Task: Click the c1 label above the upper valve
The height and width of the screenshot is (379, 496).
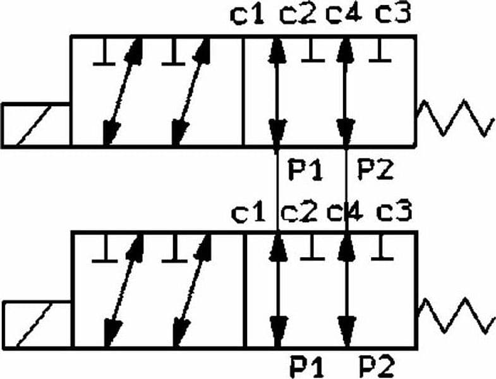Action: click(247, 15)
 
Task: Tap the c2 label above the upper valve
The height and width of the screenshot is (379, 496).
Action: click(298, 15)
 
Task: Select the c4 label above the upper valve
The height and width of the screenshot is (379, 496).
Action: click(344, 15)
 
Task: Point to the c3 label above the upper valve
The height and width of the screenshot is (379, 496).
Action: click(393, 15)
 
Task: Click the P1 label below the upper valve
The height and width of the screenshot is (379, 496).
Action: click(305, 169)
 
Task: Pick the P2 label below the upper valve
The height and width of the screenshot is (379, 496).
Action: click(375, 169)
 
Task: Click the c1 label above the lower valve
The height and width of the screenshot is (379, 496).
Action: click(248, 213)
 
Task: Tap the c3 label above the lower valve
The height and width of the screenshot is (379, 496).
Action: click(394, 212)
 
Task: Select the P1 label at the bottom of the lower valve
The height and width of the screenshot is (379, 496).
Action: click(307, 366)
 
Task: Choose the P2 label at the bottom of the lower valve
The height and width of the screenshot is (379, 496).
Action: click(377, 366)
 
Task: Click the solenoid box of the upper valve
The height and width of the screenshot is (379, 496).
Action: click(36, 125)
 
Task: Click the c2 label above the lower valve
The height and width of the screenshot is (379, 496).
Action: click(298, 212)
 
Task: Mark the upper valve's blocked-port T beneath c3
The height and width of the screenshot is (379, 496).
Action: click(380, 50)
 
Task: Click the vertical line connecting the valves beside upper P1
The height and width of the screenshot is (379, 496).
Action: click(277, 190)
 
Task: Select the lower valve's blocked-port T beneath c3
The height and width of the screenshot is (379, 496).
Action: click(382, 248)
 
